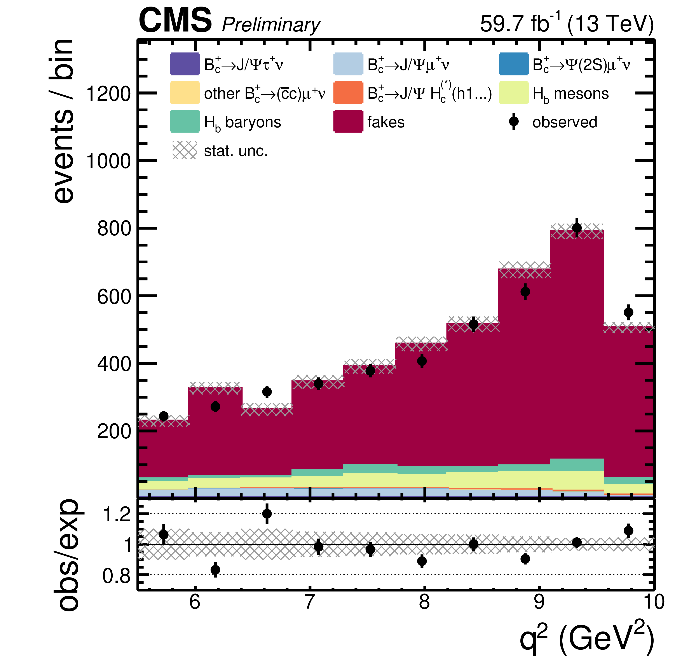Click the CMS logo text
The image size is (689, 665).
(175, 21)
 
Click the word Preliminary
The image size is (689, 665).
(271, 25)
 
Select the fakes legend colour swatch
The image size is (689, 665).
(348, 122)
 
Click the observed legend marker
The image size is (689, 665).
(514, 122)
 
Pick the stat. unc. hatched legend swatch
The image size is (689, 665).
(185, 150)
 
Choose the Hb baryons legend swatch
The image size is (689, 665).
(185, 122)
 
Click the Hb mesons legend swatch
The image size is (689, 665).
(513, 93)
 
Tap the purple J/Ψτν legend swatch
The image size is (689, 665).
(185, 64)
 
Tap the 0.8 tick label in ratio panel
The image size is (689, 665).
(116, 576)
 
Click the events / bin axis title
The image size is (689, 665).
(63, 121)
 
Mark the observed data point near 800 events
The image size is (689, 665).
(577, 228)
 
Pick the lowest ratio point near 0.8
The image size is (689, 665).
(215, 570)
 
